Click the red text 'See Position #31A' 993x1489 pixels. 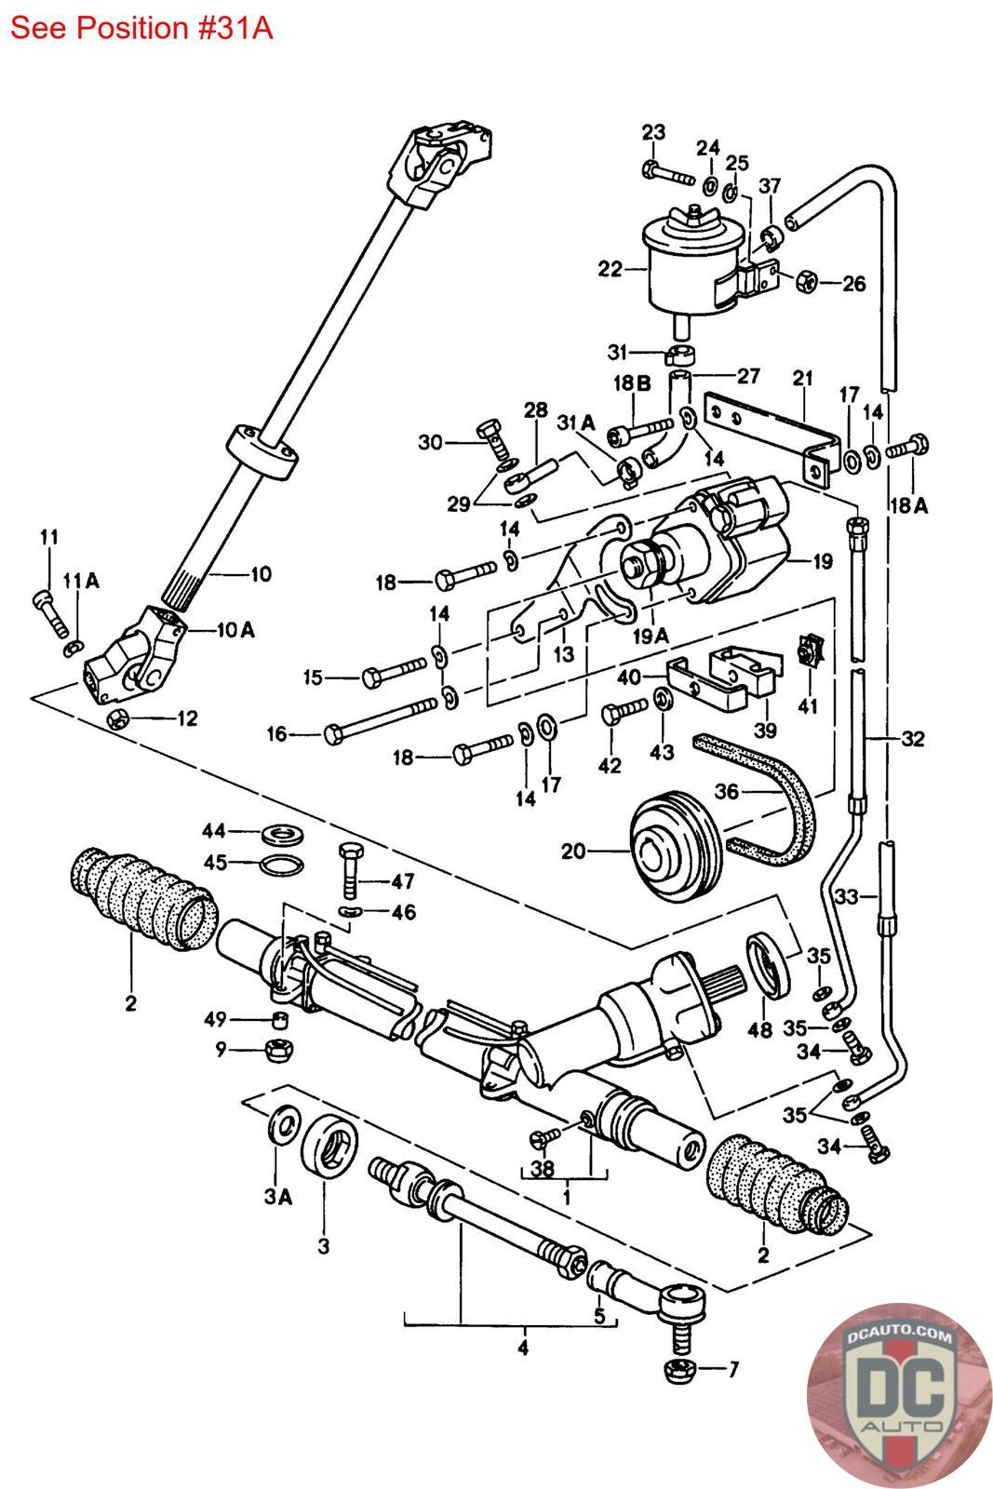coord(141,28)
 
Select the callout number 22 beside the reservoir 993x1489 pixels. coord(611,269)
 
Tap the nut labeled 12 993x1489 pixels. coord(118,718)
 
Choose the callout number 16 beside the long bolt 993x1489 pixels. coord(276,734)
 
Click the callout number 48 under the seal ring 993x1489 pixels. coord(760,1030)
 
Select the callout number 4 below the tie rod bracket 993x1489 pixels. coord(523,1347)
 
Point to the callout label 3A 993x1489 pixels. coord(276,1198)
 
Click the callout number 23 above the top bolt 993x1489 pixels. coord(653,131)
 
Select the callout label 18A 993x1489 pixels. coord(912,505)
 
